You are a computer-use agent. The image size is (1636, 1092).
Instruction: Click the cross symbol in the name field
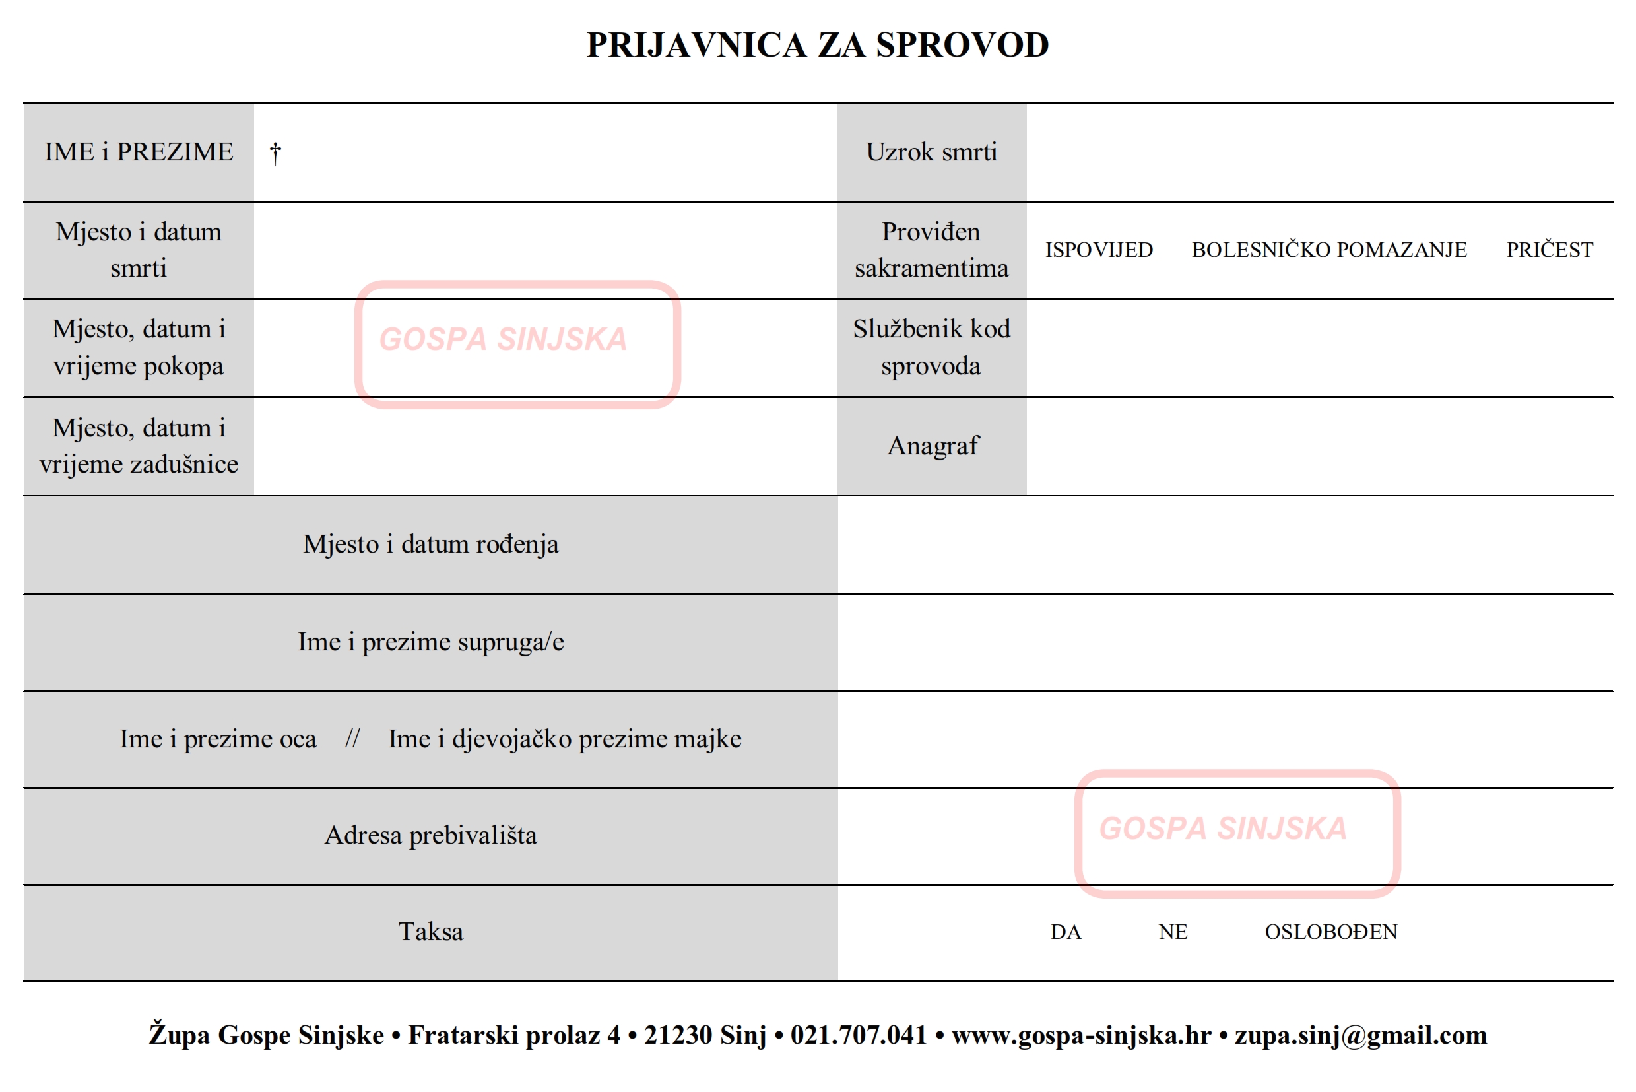276,153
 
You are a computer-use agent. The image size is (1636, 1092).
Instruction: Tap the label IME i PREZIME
139,152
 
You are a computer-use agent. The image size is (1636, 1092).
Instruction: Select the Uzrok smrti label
931,152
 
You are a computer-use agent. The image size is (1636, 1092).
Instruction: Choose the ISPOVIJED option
1099,250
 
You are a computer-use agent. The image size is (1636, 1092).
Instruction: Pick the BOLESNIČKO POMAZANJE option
1328,250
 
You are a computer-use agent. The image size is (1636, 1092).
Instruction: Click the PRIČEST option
1549,250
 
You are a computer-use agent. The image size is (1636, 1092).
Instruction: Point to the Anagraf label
933,446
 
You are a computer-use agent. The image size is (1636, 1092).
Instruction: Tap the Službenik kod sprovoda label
931,347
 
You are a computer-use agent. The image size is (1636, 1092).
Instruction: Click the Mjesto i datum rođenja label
430,544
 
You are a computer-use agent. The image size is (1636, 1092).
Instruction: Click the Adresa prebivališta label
430,835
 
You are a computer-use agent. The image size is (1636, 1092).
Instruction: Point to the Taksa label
430,932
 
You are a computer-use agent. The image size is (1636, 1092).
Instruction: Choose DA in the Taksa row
1065,932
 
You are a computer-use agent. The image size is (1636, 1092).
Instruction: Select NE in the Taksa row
1172,932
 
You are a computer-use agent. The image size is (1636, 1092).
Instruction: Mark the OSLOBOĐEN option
1330,932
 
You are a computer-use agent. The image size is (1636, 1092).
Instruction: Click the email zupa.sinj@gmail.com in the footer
1360,1035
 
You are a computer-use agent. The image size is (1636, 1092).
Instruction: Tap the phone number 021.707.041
858,1035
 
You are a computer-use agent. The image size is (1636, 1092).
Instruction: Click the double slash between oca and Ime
352,738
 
